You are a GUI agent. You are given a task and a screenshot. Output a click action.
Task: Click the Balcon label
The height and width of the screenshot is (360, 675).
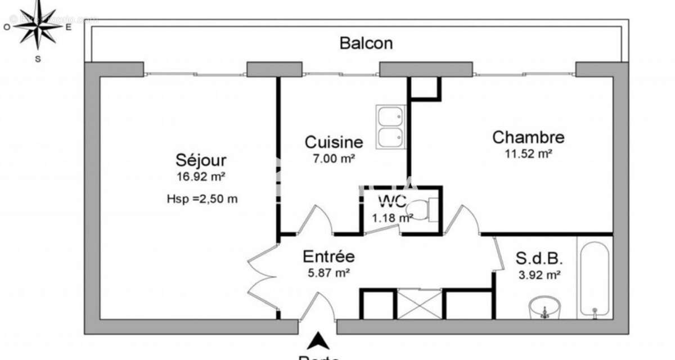click(366, 43)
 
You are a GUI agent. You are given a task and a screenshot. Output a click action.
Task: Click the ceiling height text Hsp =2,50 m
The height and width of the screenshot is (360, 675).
click(202, 198)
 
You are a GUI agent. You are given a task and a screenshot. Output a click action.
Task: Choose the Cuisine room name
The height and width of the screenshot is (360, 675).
click(334, 142)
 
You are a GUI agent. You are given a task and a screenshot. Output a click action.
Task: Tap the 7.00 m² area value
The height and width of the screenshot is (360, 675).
click(334, 159)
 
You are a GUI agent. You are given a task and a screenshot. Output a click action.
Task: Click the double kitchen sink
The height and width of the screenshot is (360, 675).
click(390, 127)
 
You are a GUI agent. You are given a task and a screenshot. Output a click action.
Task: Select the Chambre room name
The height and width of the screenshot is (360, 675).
click(528, 137)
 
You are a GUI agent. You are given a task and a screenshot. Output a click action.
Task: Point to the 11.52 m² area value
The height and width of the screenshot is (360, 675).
click(528, 153)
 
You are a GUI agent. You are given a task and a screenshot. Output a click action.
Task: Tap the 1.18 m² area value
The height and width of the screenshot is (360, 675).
click(391, 218)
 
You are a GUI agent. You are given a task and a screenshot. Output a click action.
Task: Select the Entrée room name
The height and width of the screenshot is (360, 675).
click(328, 256)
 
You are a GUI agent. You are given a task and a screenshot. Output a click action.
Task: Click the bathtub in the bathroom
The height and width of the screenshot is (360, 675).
click(595, 279)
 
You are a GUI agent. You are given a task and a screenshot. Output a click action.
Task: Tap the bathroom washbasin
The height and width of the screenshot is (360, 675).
click(544, 308)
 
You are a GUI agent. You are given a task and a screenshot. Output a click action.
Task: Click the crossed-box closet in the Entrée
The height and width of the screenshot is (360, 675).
click(419, 304)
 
